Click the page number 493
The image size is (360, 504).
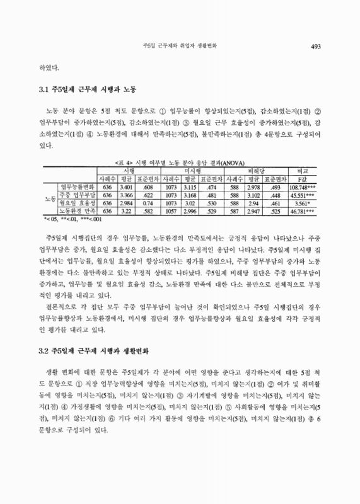coord(316,45)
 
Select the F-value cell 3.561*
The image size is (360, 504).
coord(302,203)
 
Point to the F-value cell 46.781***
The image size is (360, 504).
coord(302,212)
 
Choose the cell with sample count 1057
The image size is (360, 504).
coord(171,212)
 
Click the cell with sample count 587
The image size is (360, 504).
coord(235,212)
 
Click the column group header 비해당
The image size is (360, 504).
coord(254,169)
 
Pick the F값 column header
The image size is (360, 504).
coord(302,178)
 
